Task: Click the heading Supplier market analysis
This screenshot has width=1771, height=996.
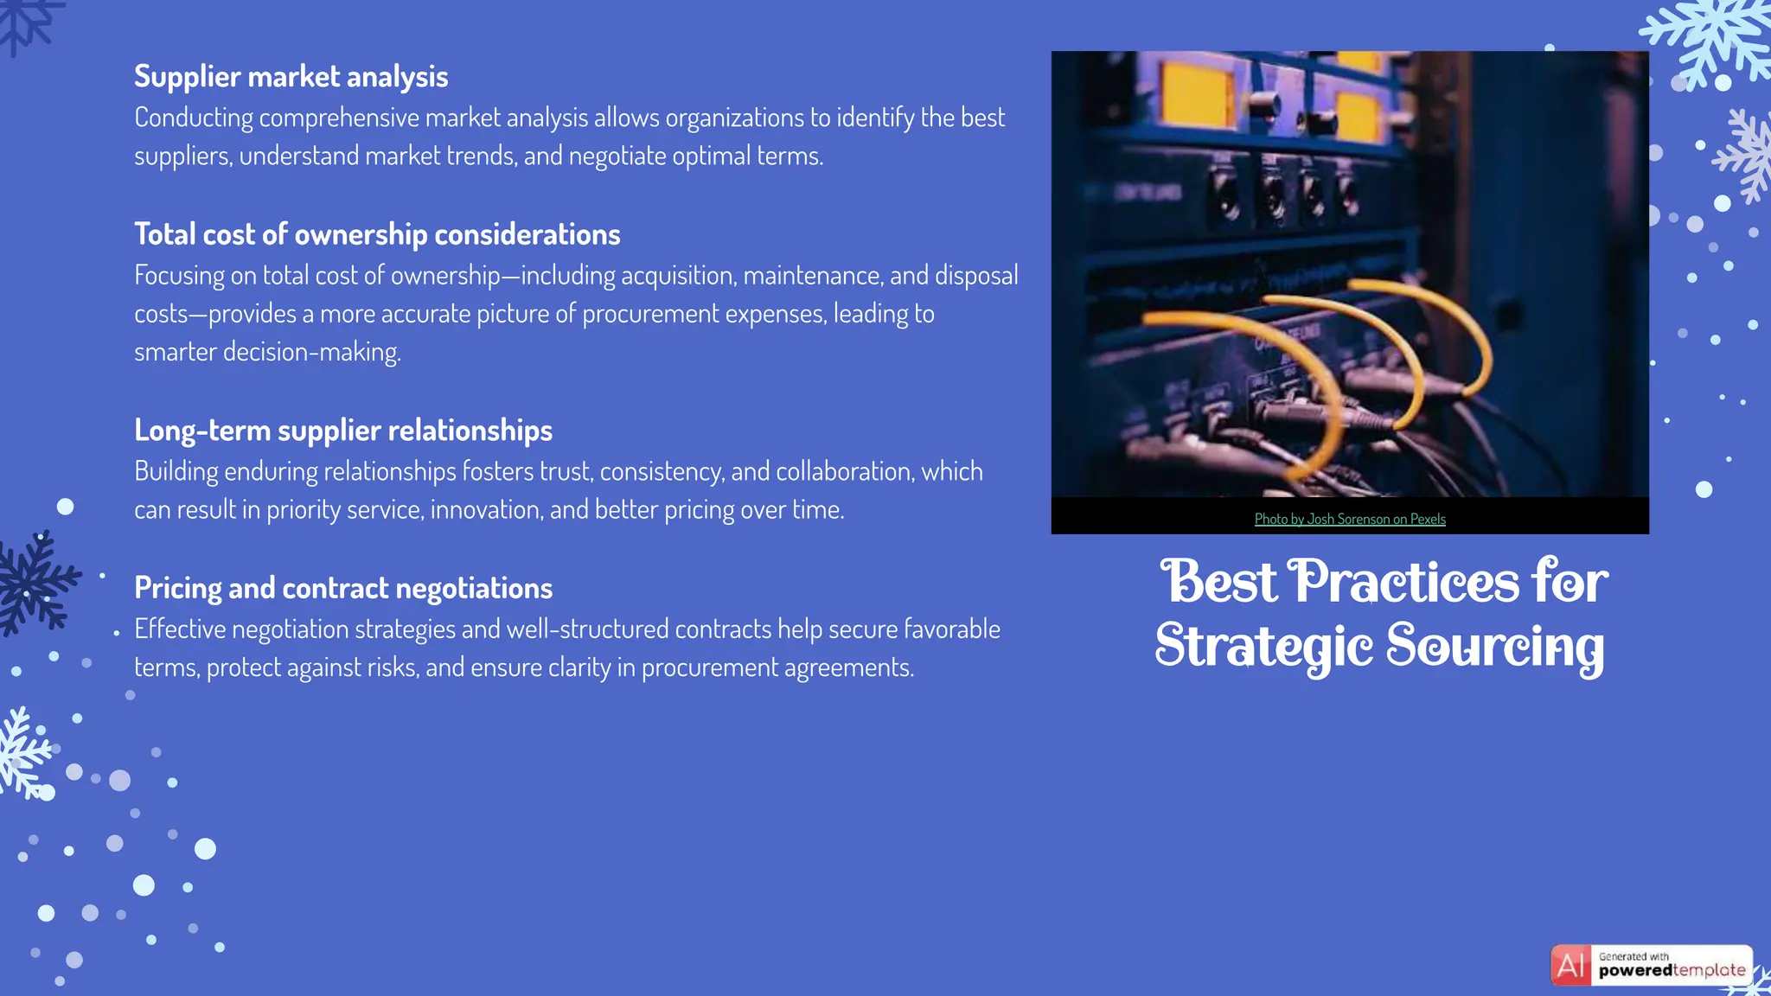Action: tap(291, 77)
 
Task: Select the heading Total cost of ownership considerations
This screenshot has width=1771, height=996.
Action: tap(377, 234)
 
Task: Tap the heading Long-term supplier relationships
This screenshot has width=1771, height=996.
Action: tap(342, 431)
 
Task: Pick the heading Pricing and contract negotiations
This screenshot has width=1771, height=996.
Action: tap(342, 588)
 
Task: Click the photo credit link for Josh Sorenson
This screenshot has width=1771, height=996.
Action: tap(1349, 519)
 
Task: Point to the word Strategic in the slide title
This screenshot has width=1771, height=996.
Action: tap(1263, 647)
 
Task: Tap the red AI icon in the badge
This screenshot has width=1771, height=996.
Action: tap(1570, 965)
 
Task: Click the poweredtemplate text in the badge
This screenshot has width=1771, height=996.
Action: tap(1671, 971)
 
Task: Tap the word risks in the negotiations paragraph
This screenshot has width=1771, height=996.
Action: tap(395, 667)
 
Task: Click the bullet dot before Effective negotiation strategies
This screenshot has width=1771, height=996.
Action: tap(117, 634)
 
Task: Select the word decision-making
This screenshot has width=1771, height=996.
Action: tap(311, 352)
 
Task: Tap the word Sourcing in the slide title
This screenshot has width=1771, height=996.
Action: tap(1495, 647)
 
